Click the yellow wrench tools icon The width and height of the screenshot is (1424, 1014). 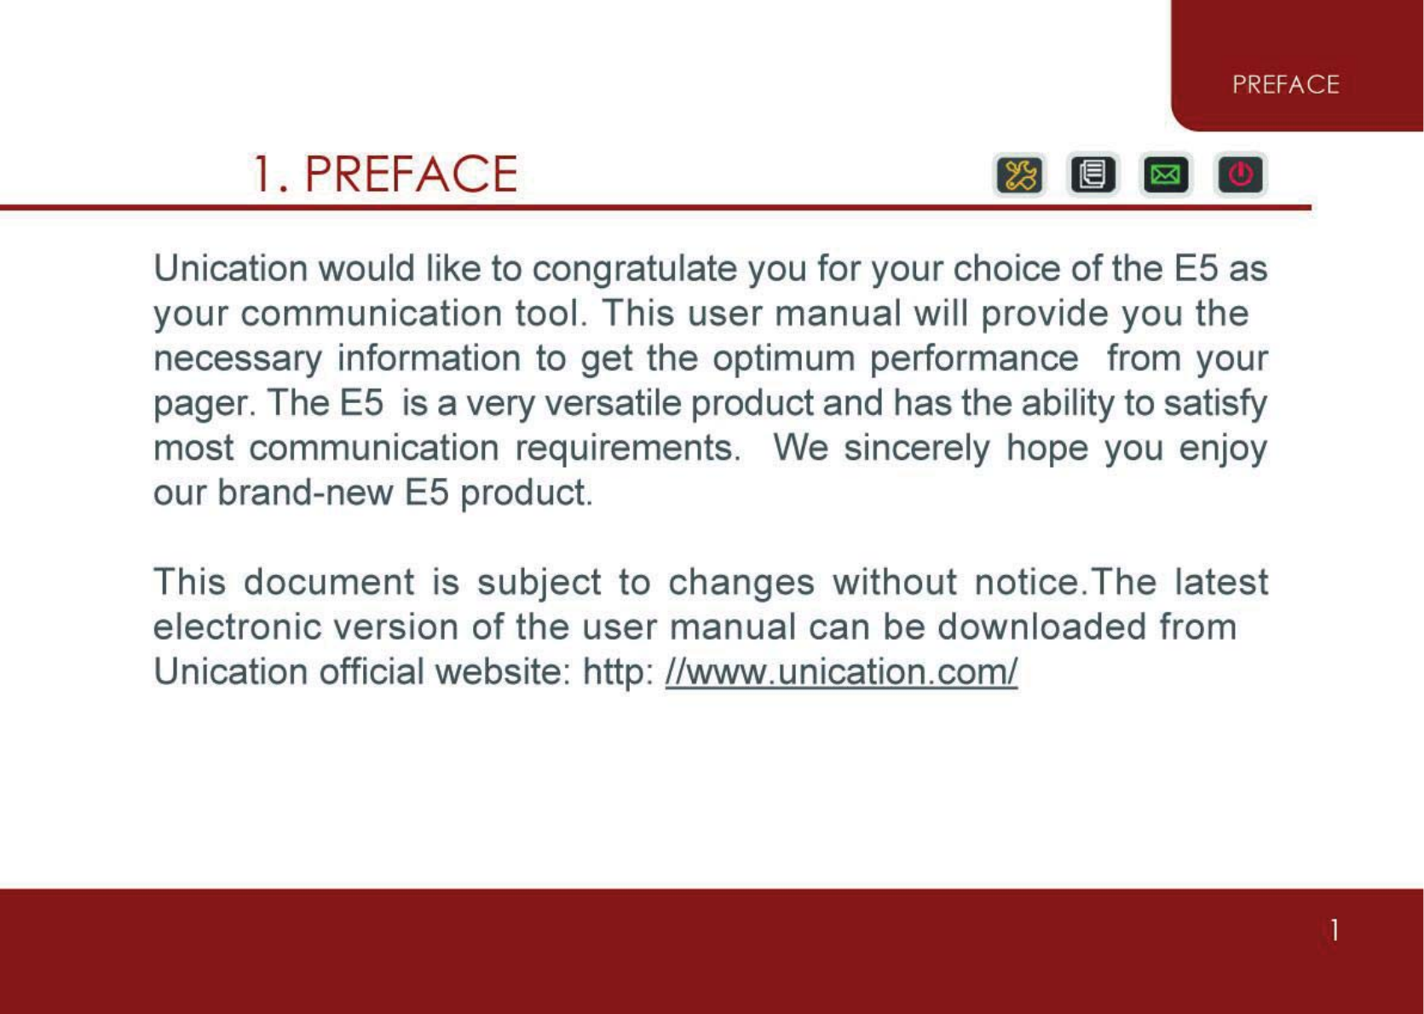(x=1020, y=175)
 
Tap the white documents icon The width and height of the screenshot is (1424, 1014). (x=1093, y=175)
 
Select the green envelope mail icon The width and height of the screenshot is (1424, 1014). (x=1166, y=175)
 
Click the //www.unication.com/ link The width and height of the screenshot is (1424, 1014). (x=841, y=672)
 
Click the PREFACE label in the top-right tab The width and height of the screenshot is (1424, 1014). (x=1286, y=84)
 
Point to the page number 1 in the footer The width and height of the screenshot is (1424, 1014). (x=1335, y=930)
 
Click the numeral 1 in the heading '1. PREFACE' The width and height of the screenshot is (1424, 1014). (x=262, y=174)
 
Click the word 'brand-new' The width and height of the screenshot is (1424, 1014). (x=305, y=492)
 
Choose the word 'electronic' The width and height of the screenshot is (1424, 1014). (x=237, y=627)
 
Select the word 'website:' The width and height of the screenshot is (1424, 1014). (x=503, y=671)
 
